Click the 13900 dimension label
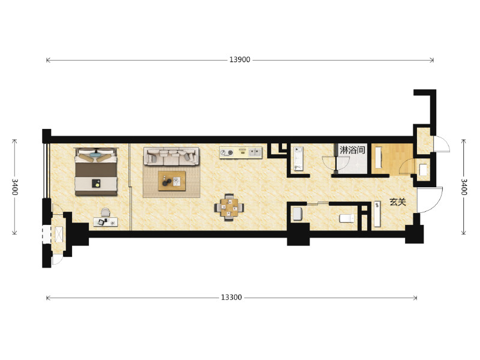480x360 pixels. [239, 59]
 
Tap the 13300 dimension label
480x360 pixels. [232, 298]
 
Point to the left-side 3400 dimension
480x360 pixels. [14, 187]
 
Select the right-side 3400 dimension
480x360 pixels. [464, 187]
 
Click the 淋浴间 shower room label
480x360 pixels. [352, 150]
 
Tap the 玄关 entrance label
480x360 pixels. [398, 202]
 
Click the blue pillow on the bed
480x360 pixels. [97, 155]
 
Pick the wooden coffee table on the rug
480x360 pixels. [172, 181]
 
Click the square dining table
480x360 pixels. [229, 208]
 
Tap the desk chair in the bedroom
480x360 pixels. [106, 212]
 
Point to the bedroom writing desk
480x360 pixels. [106, 222]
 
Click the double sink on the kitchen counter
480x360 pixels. [254, 152]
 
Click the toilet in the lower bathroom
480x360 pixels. [347, 218]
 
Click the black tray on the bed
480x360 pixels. [96, 184]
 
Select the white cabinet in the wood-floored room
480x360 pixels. [379, 157]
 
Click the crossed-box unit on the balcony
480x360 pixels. [58, 234]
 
